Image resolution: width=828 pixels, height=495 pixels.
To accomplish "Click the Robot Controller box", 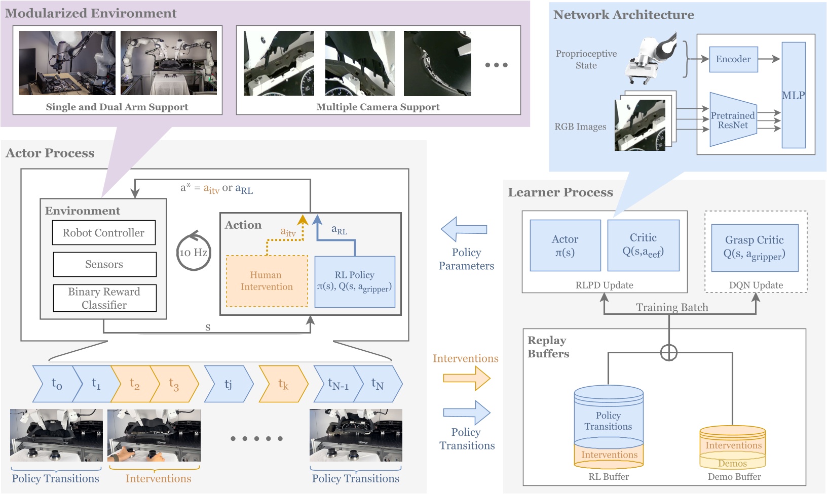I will [x=104, y=233].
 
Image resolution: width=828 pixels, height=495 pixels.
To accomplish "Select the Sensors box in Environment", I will [x=104, y=264].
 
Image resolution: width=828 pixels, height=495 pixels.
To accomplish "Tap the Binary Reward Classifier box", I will [x=104, y=298].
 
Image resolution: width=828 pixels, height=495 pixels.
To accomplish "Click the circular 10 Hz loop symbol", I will [x=194, y=252].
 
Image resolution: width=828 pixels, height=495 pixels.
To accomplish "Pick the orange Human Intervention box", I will [x=267, y=281].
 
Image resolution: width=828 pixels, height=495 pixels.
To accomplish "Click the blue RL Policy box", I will [x=355, y=281].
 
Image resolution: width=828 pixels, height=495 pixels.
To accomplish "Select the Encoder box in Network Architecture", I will [x=733, y=59].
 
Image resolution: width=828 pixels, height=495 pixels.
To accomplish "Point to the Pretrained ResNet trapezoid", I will [x=733, y=120].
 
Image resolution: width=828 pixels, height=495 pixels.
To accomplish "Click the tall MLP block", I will [x=793, y=95].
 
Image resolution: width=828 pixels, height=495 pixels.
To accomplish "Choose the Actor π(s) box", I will [x=565, y=245].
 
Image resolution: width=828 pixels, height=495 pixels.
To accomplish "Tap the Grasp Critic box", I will [x=755, y=247].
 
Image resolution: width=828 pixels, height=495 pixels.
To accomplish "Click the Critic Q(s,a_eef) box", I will [x=643, y=245].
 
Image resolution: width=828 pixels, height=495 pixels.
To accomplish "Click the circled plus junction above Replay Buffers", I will [x=669, y=352].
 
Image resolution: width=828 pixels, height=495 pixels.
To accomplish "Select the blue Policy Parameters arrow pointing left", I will [x=464, y=229].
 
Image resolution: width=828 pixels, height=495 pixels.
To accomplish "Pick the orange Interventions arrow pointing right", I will [x=466, y=378].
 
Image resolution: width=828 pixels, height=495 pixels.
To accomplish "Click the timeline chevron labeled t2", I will [x=133, y=384].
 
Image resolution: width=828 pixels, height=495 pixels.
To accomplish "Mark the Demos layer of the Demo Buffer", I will [x=733, y=463].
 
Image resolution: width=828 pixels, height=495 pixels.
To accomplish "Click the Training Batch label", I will [x=672, y=307].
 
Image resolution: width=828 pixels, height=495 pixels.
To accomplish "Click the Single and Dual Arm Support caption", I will [x=117, y=107].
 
